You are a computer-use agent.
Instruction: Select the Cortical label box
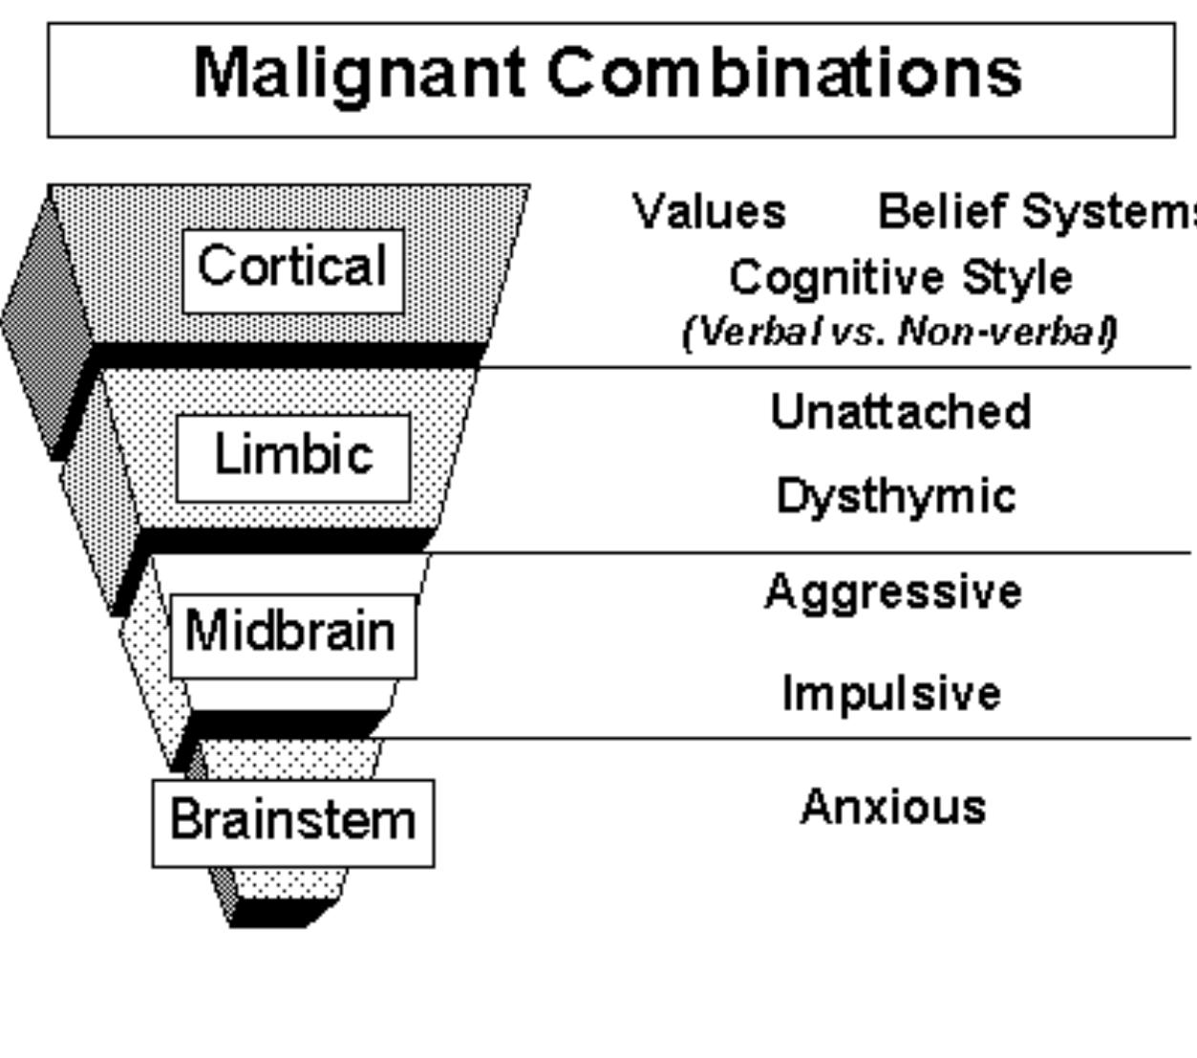(x=292, y=270)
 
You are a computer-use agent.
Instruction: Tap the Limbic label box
(x=293, y=457)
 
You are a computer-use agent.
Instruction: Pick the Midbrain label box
(x=292, y=635)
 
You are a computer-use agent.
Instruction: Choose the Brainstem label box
(x=293, y=823)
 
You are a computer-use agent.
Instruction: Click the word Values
(x=709, y=211)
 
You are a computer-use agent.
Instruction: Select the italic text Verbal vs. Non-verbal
(x=899, y=332)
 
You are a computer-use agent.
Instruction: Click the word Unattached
(x=900, y=412)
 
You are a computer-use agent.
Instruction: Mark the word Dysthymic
(x=895, y=497)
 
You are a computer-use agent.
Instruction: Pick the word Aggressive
(x=893, y=592)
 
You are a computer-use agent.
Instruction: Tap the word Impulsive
(x=891, y=693)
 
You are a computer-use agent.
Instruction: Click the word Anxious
(x=893, y=807)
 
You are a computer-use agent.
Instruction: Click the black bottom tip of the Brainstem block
(x=277, y=915)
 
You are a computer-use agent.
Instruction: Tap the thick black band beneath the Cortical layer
(x=287, y=356)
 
